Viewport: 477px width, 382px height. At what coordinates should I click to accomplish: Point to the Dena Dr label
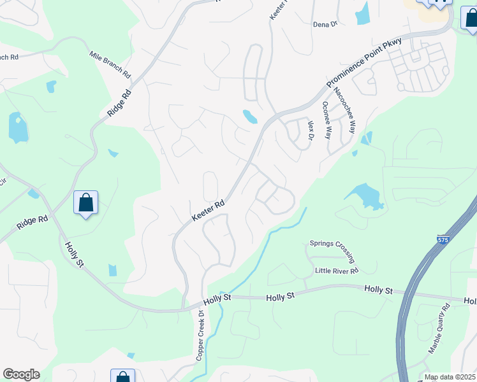point(325,24)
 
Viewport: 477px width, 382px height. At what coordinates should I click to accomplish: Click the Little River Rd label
point(337,271)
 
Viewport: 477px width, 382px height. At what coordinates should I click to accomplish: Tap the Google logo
point(21,374)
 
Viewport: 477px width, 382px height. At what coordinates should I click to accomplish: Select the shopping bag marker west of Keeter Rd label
point(85,204)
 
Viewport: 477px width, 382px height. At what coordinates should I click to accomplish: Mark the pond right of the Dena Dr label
point(362,13)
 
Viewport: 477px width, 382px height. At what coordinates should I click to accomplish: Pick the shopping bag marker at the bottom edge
point(122,377)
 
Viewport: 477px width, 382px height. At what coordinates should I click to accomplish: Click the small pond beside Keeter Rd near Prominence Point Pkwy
point(250,117)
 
